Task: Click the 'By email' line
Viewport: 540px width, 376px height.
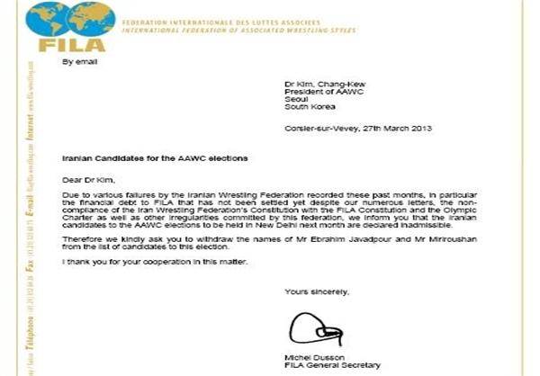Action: click(x=77, y=62)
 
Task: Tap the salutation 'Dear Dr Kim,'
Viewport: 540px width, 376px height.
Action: click(x=85, y=178)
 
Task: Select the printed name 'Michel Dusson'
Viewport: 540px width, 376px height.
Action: click(x=306, y=357)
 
